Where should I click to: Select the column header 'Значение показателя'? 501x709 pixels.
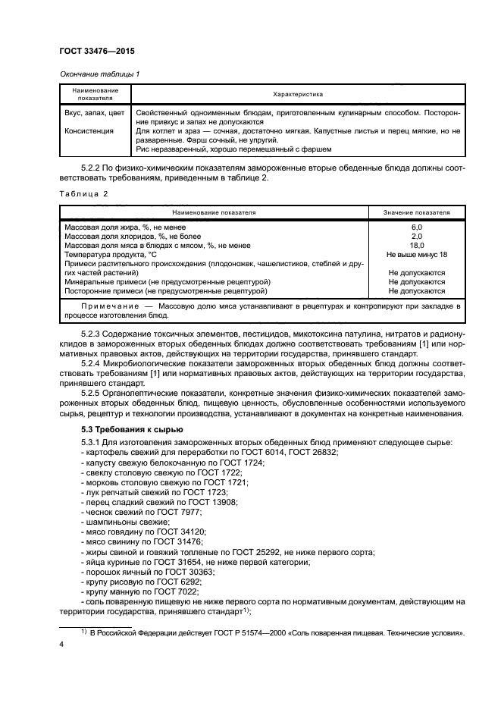(416, 213)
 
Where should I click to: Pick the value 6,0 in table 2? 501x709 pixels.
(416, 227)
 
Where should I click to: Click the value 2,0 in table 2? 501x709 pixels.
(416, 236)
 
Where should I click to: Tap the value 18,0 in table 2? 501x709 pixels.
(416, 245)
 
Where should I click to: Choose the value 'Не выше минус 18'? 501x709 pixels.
(416, 254)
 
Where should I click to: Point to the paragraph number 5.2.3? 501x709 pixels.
(93, 331)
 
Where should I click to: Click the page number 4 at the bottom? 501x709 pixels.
(61, 644)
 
